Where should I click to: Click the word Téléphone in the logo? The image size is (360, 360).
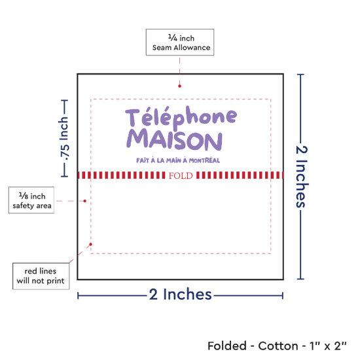click(x=181, y=118)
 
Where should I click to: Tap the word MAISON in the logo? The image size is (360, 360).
click(x=175, y=139)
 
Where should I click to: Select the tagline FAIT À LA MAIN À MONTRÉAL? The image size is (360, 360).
click(x=178, y=160)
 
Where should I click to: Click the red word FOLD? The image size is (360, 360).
click(x=181, y=175)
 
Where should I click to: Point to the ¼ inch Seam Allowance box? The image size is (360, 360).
click(x=180, y=43)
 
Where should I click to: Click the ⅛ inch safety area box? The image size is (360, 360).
click(x=31, y=200)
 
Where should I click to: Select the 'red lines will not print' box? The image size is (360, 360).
click(x=41, y=276)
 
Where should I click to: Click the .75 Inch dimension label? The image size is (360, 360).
click(x=64, y=139)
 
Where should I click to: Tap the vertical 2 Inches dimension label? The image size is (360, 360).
click(x=302, y=177)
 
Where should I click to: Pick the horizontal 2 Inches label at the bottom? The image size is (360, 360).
click(x=180, y=295)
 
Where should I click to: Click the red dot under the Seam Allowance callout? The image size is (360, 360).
click(x=179, y=86)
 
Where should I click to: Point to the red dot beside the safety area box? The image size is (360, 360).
click(x=84, y=201)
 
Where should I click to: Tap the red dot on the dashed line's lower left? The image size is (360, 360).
click(x=91, y=244)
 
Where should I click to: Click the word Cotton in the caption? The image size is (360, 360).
click(x=278, y=346)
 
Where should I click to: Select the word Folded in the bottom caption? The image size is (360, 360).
click(x=227, y=346)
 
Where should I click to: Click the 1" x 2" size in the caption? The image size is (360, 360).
click(x=328, y=346)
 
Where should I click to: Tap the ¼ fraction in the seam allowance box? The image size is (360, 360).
click(x=173, y=37)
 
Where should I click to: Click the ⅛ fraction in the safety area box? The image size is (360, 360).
click(x=24, y=196)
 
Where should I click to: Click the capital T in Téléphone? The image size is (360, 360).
click(x=132, y=118)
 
